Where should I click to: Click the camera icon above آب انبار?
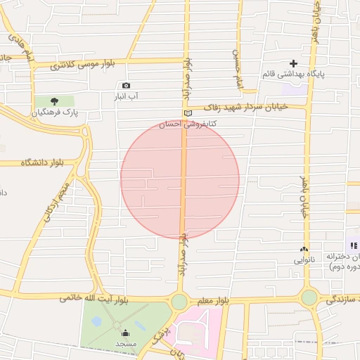(x=126, y=86)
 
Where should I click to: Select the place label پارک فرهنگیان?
(x=58, y=112)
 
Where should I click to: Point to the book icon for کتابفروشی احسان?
(x=187, y=113)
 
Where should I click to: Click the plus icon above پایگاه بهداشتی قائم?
(x=294, y=63)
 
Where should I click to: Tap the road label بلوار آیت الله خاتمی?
(x=94, y=299)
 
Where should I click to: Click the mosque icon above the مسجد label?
(x=125, y=333)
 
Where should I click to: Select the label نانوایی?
(x=305, y=259)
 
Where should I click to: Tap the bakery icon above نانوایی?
(x=304, y=249)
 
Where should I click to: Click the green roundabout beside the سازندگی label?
(x=309, y=297)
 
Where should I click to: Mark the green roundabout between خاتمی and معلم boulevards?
(x=179, y=302)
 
